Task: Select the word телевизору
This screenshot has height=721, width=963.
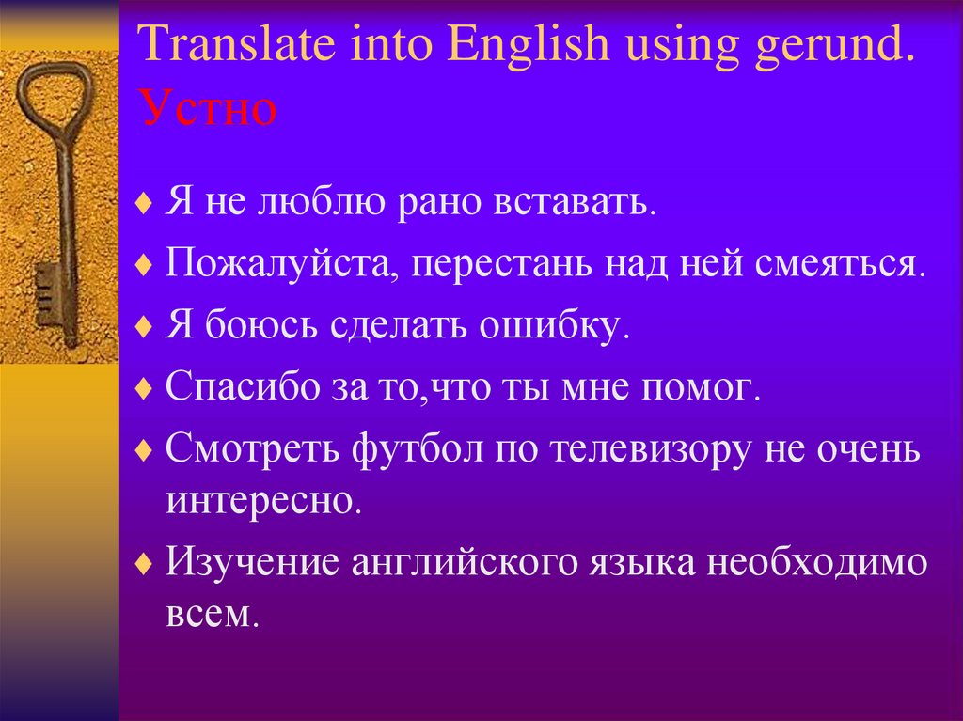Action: click(x=649, y=450)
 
